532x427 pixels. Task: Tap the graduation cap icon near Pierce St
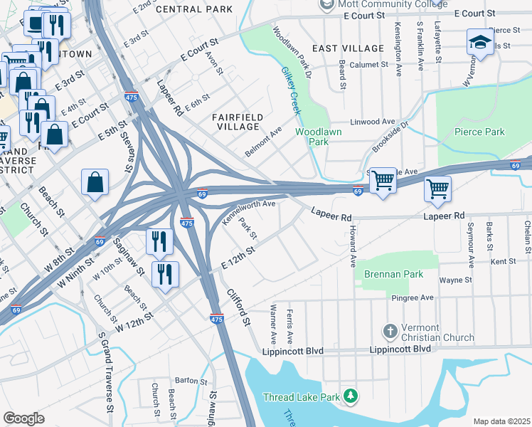(480, 42)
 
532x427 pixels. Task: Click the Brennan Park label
(393, 274)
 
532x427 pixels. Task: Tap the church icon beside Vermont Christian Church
(389, 331)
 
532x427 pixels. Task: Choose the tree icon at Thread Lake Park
(350, 395)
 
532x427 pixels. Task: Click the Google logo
(23, 418)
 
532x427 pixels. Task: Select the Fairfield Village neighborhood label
(238, 122)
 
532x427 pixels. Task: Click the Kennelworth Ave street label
(249, 212)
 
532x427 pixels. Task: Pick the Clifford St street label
(240, 307)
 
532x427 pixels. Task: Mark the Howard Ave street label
(352, 246)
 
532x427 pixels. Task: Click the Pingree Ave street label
(416, 297)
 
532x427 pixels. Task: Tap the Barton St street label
(191, 381)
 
